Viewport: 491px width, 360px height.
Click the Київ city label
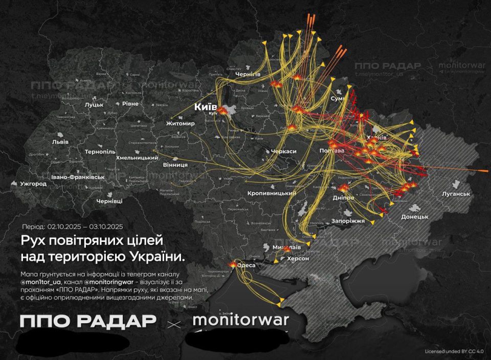[206, 107]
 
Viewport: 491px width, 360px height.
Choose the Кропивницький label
[272, 193]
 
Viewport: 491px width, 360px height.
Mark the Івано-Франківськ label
[78, 177]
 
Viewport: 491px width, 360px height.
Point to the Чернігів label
[248, 75]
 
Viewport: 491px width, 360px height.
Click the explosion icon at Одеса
[234, 265]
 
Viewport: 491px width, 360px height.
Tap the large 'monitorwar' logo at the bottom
[240, 321]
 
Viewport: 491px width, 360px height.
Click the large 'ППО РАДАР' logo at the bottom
[87, 321]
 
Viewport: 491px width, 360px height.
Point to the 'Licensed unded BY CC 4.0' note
[454, 351]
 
